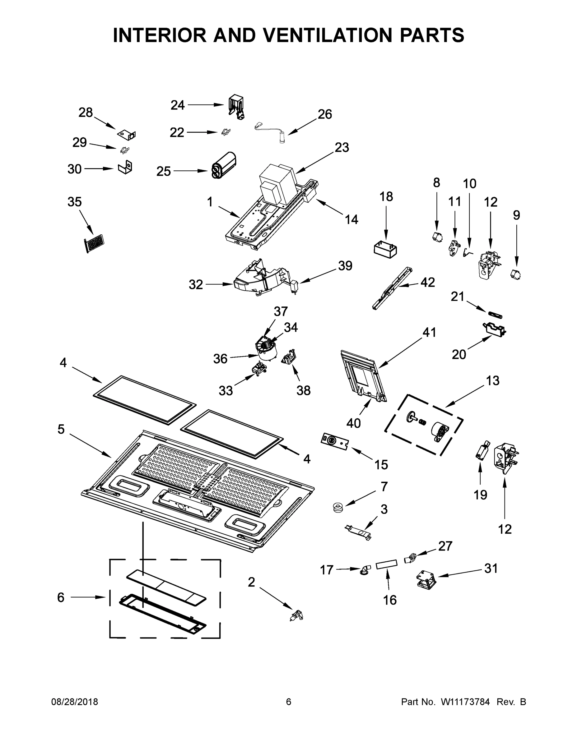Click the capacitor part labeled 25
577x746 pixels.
coord(224,166)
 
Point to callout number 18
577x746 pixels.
coord(386,197)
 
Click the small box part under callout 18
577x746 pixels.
coord(385,249)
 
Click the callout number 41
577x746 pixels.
coord(429,332)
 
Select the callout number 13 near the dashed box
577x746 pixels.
coord(493,380)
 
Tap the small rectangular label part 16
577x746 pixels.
coord(387,564)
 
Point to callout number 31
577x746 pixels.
coord(491,569)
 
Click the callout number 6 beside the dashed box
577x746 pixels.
coord(61,597)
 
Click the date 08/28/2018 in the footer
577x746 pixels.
coord(75,702)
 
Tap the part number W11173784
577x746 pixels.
coord(465,702)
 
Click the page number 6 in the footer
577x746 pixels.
coord(289,702)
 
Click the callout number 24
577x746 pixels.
coord(177,105)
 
